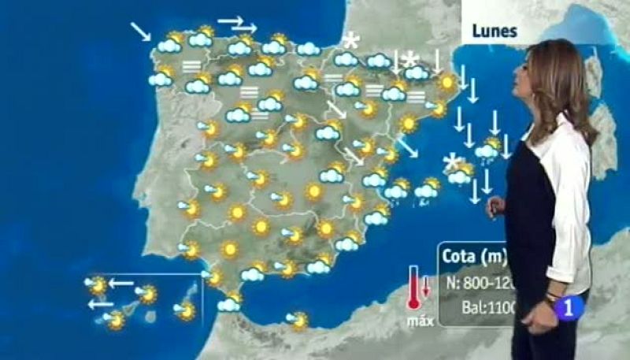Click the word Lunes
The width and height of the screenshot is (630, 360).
494,32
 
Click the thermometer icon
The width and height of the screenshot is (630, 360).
413,289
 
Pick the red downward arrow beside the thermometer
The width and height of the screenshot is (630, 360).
426,285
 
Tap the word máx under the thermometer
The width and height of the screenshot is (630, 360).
416,321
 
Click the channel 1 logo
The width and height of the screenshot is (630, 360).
566,308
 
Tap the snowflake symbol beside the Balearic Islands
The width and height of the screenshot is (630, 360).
451,163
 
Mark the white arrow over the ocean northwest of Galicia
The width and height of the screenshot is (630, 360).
141,31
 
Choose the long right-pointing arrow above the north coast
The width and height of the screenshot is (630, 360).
231,20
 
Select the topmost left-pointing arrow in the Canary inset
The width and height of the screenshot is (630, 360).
120,281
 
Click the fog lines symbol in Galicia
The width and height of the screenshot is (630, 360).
191,66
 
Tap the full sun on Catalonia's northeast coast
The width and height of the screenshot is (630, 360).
447,81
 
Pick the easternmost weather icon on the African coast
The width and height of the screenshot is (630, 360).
298,319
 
